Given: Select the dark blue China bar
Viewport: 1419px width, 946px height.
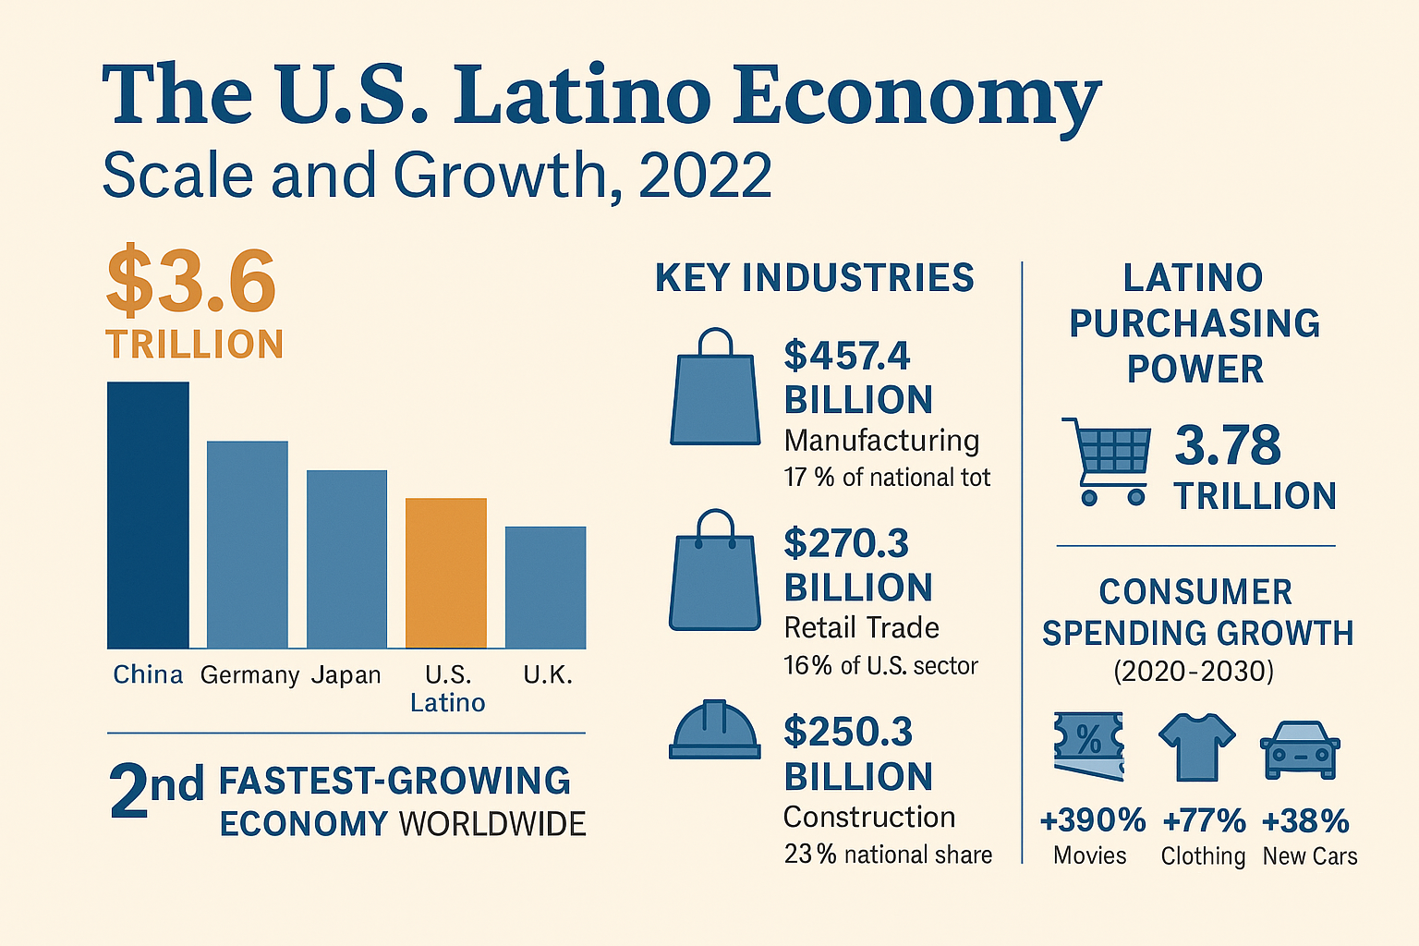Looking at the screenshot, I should pyautogui.click(x=148, y=515).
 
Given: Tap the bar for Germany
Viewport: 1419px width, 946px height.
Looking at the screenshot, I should pyautogui.click(x=247, y=544).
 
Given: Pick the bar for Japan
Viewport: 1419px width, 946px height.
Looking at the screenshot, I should pyautogui.click(x=346, y=559).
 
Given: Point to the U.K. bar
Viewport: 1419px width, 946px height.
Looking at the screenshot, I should pyautogui.click(x=545, y=588).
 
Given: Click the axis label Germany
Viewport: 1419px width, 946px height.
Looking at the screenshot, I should pyautogui.click(x=249, y=675).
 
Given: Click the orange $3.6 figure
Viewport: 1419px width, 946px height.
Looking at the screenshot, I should pyautogui.click(x=191, y=280).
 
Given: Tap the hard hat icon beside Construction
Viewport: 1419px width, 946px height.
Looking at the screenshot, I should pyautogui.click(x=714, y=730).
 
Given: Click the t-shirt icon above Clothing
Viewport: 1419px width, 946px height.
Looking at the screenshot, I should pyautogui.click(x=1196, y=746).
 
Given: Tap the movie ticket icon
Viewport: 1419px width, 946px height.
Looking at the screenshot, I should pyautogui.click(x=1089, y=746).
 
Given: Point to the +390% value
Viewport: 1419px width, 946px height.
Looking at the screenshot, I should pyautogui.click(x=1092, y=820).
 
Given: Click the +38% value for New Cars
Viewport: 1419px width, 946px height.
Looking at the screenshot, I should pyautogui.click(x=1305, y=820).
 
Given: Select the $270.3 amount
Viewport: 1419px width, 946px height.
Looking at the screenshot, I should pyautogui.click(x=846, y=543).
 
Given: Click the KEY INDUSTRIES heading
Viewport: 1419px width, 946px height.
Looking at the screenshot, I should pyautogui.click(x=814, y=278).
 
